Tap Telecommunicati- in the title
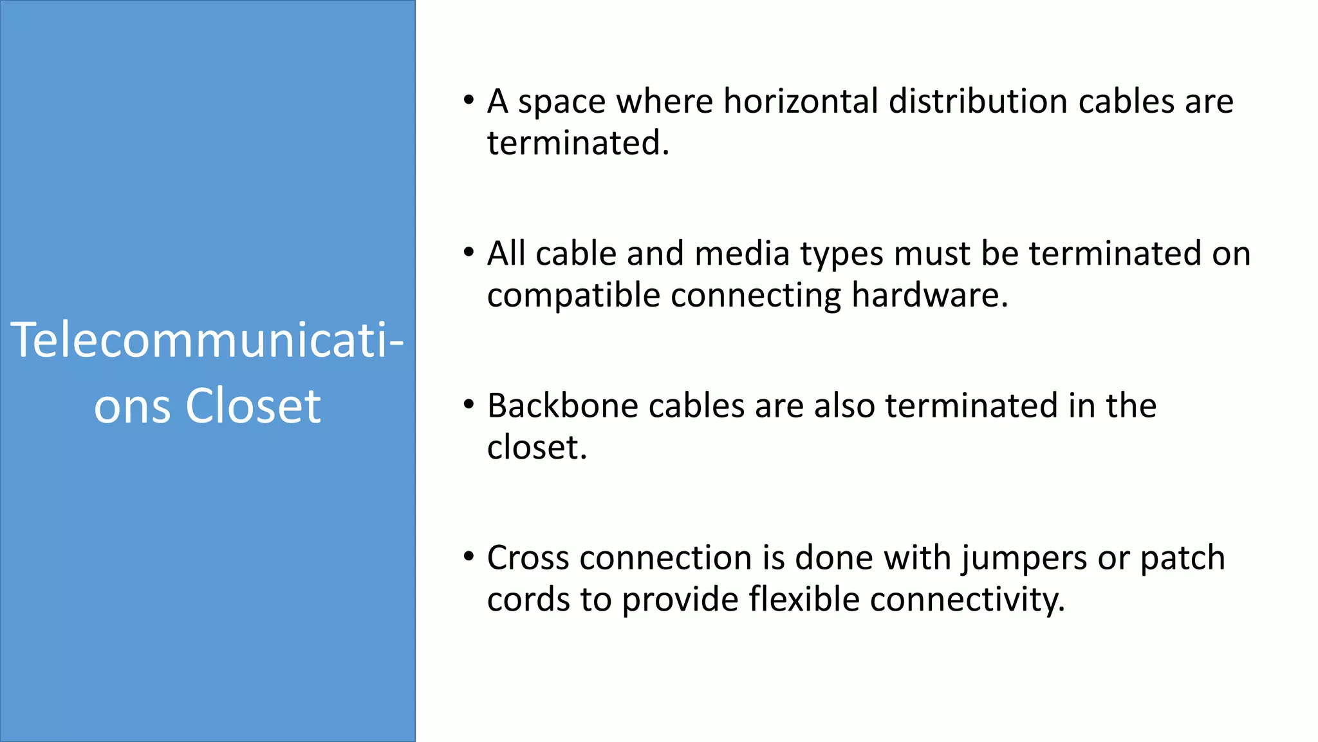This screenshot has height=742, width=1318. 207,340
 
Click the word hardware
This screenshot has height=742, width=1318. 929,296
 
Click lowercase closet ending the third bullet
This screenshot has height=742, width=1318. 537,448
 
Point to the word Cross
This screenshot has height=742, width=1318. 528,558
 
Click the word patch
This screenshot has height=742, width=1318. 1182,558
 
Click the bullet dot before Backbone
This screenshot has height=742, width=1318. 469,405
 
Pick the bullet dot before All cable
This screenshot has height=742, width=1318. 469,252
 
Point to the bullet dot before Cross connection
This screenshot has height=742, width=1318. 469,556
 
